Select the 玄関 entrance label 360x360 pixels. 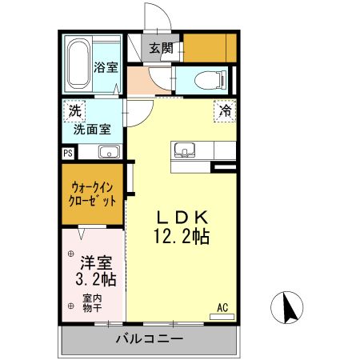click(160, 47)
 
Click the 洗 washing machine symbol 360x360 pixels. click(74, 110)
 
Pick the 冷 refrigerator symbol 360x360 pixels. click(226, 111)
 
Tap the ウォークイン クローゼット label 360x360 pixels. click(91, 194)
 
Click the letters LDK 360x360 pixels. click(182, 217)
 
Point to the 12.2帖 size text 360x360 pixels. click(182, 237)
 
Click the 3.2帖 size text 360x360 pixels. click(97, 280)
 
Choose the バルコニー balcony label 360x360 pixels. click(148, 338)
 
